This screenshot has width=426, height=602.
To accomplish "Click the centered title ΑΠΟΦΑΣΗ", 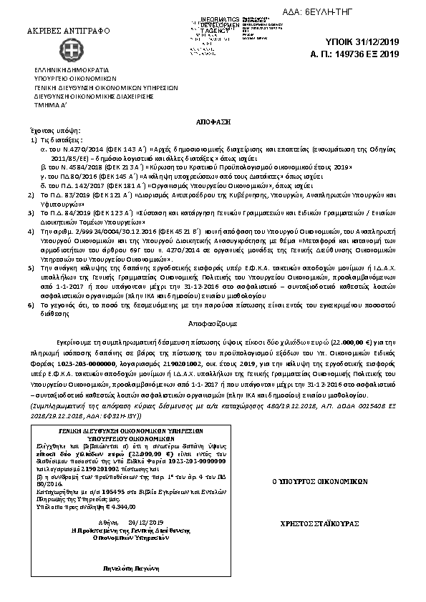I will pos(215,123).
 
